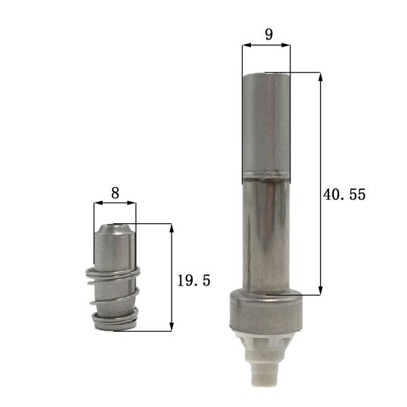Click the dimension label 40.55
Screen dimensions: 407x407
pos(344,195)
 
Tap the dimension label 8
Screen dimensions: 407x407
pos(115,193)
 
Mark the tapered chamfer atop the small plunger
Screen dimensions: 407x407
pos(115,235)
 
